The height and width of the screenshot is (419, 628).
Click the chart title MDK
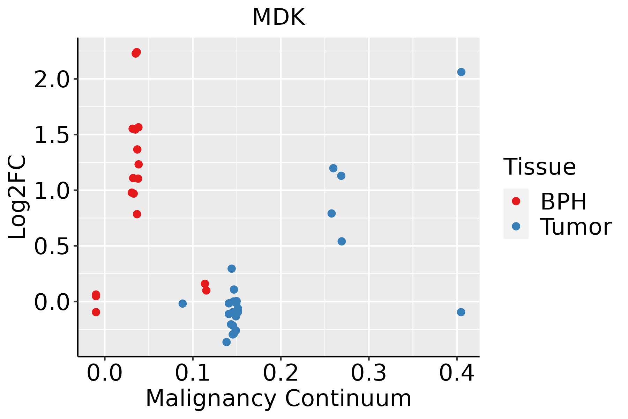(278, 17)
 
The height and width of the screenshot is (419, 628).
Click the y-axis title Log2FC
(17, 197)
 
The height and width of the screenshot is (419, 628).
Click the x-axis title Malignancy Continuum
(278, 398)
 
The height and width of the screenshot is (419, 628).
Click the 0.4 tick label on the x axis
(456, 373)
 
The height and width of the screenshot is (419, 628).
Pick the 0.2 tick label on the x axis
(281, 373)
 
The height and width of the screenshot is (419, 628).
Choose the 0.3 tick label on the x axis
(368, 373)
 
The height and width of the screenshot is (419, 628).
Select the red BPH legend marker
(516, 201)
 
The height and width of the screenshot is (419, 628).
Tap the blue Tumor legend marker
(516, 226)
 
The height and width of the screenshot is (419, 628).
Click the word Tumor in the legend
(576, 227)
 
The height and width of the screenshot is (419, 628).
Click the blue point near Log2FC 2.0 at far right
(461, 72)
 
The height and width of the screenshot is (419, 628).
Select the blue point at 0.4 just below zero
(461, 312)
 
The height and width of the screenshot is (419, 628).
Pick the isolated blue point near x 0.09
(182, 303)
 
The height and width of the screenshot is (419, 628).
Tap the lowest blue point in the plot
(226, 342)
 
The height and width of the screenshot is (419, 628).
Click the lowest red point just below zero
(96, 312)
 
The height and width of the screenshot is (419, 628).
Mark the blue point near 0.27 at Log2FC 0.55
(342, 241)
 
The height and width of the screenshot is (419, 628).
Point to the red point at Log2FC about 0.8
(137, 214)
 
